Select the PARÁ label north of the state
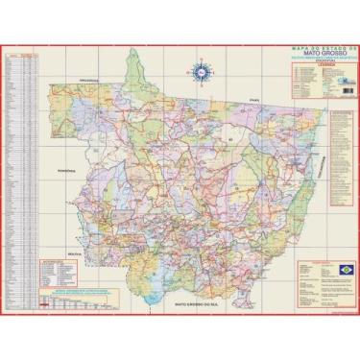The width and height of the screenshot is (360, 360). (254, 99)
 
